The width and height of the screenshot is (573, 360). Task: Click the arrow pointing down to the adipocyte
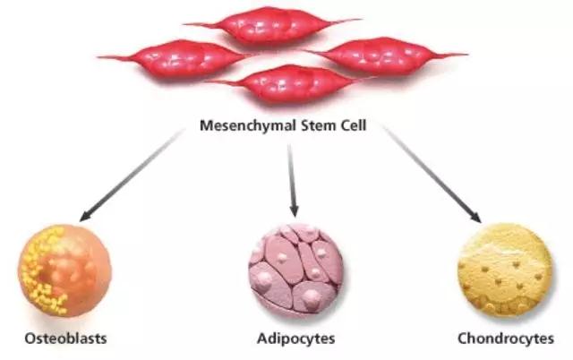(292, 176)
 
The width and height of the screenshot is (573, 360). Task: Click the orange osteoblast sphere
(58, 270)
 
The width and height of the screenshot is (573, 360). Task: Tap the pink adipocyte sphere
(295, 268)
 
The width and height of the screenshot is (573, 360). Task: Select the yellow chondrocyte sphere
(506, 270)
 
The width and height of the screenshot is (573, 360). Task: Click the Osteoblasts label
(60, 339)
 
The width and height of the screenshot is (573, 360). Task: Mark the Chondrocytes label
(506, 339)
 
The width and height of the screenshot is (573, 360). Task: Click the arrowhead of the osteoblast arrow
(86, 215)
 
